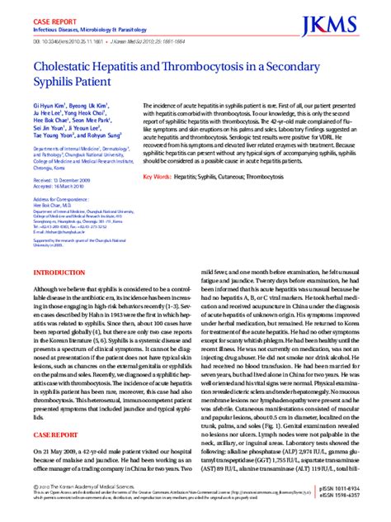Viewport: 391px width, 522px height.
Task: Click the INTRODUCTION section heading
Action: click(59, 291)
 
